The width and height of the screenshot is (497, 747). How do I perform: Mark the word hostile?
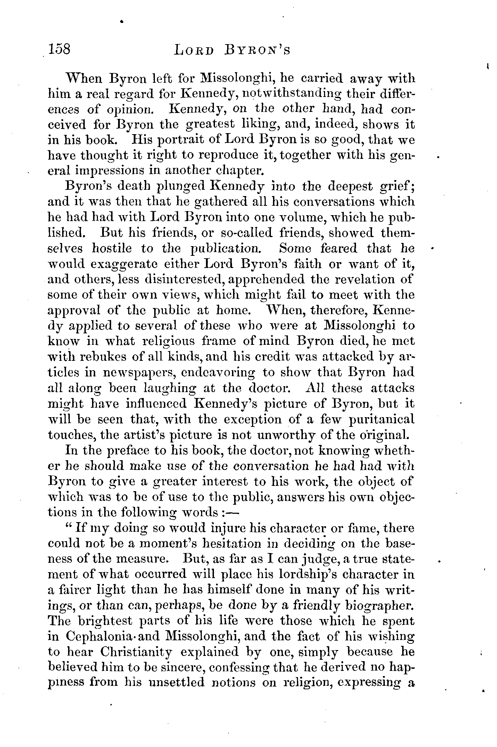tap(112, 248)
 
